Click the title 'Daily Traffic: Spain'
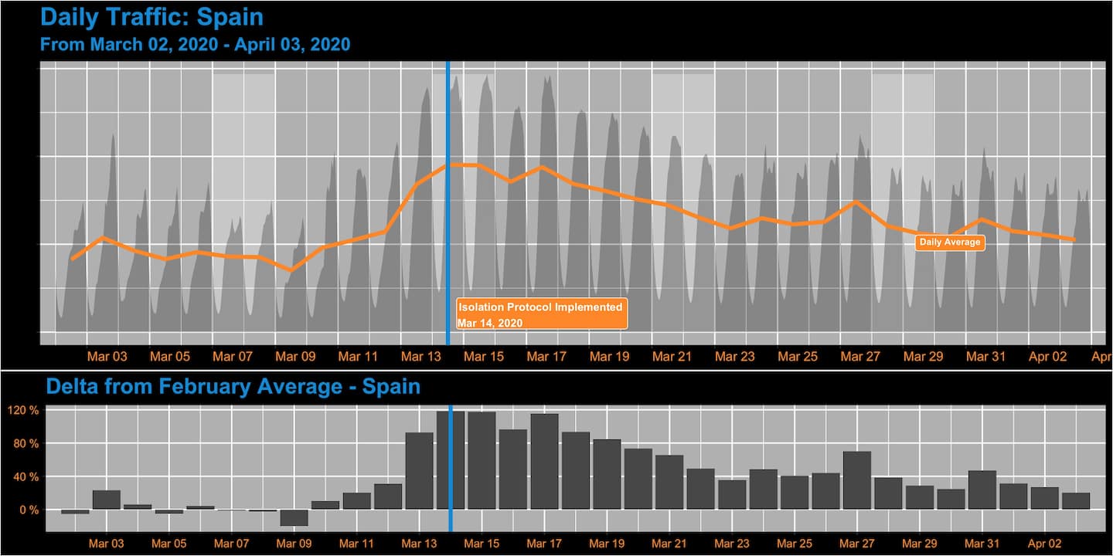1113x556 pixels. [151, 17]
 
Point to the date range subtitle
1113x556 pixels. [195, 44]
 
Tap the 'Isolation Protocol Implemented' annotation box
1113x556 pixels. [541, 314]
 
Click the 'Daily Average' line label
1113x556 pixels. [950, 242]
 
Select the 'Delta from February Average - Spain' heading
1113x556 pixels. [233, 386]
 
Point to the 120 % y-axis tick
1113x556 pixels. [23, 410]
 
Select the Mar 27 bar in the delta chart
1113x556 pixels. [857, 480]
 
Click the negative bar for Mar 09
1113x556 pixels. [294, 517]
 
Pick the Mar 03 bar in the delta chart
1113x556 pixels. [107, 500]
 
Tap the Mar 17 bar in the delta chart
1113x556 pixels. [544, 462]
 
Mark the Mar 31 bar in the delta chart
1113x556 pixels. [982, 490]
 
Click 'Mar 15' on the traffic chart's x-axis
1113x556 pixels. [485, 357]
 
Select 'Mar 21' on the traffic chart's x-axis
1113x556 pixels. [672, 357]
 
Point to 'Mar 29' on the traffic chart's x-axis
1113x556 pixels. [923, 357]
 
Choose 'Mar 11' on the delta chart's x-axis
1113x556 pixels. [356, 544]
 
